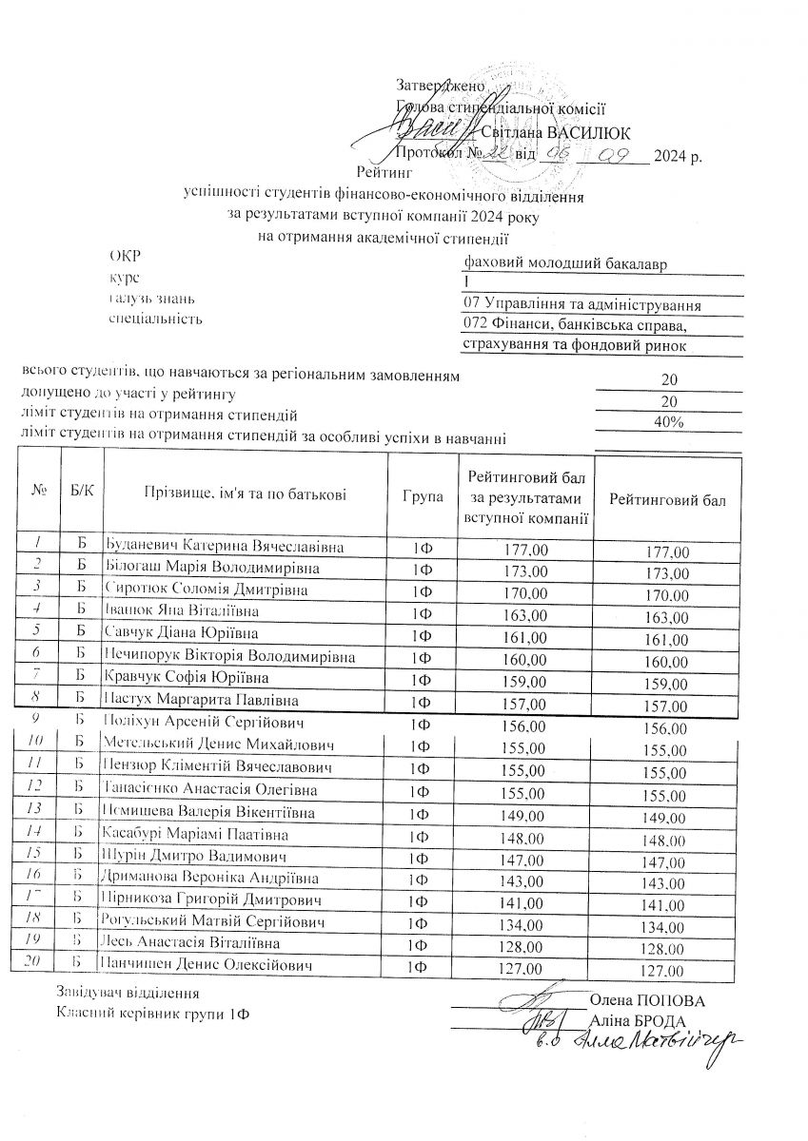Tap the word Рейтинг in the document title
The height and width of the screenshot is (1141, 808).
click(387, 173)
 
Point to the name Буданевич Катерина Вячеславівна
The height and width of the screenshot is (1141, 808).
click(224, 548)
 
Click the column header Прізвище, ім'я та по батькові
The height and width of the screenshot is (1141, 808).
click(245, 493)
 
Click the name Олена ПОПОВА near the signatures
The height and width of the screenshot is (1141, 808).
click(647, 1001)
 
